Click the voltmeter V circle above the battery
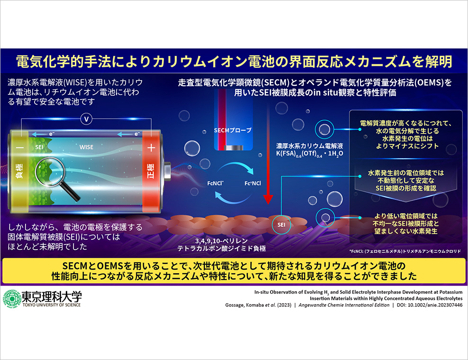(87, 119)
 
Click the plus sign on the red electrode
(151, 147)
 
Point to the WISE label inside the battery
(86, 147)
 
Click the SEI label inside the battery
(39, 147)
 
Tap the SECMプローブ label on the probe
(233, 130)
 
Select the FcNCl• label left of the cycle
(216, 183)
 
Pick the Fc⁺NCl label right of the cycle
(252, 183)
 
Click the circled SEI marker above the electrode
(281, 225)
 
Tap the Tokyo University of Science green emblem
(11, 299)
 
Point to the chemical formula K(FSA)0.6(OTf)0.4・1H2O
(309, 154)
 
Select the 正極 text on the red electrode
(151, 171)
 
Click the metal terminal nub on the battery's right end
(167, 171)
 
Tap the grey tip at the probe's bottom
(234, 148)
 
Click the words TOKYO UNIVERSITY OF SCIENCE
(52, 305)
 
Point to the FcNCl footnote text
(405, 252)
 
